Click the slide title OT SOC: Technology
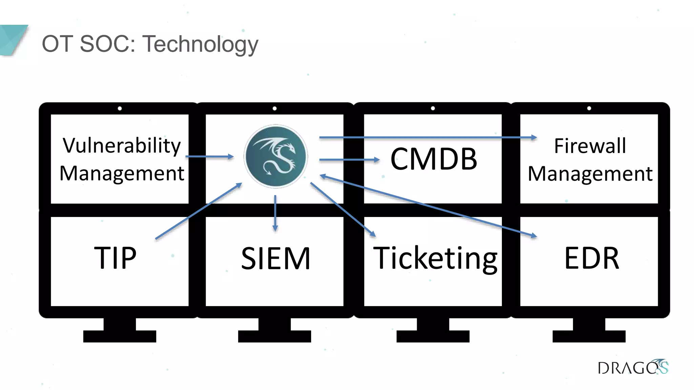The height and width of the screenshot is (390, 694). [x=150, y=44]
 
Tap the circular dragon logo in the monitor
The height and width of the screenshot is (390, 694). [x=276, y=156]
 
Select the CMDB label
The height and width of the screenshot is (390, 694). [x=433, y=159]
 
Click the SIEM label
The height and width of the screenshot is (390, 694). [x=275, y=259]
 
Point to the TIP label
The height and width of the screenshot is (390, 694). [x=115, y=258]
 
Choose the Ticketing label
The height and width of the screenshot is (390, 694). [x=435, y=259]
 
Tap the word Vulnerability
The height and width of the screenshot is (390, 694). [x=122, y=146]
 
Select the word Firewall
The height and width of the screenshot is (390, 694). [x=590, y=146]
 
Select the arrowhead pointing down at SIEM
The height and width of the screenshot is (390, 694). [x=275, y=229]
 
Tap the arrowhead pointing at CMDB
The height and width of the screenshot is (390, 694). [x=376, y=159]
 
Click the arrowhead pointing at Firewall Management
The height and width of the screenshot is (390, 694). [x=534, y=137]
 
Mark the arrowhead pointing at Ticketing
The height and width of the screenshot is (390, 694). [x=373, y=234]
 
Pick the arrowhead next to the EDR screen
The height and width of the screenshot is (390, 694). [x=534, y=236]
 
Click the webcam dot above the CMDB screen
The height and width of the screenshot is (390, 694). [x=433, y=108]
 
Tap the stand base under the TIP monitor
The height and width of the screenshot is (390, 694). [x=120, y=336]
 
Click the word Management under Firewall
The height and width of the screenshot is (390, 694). [x=590, y=174]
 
